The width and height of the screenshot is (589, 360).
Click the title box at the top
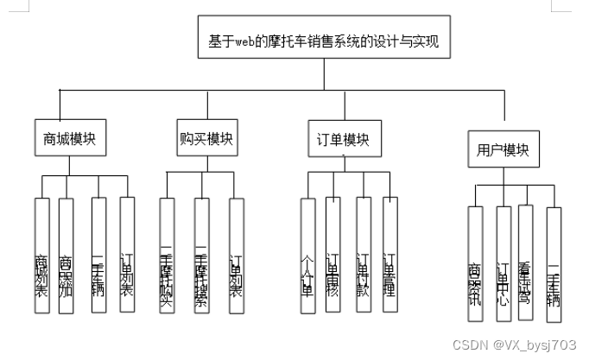(324, 41)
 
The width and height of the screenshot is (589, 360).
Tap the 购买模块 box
(201, 137)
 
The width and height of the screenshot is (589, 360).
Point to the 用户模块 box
(503, 150)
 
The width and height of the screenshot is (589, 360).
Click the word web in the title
(244, 41)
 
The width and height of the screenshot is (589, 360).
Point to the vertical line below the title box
(324, 78)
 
